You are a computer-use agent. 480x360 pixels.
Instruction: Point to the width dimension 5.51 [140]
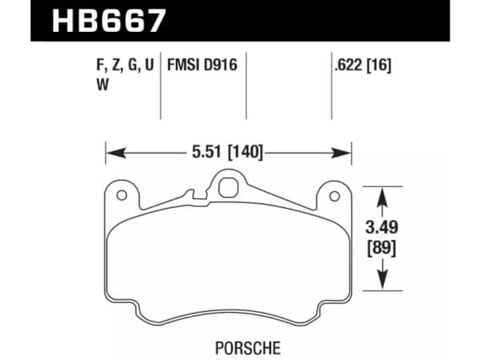[228, 150]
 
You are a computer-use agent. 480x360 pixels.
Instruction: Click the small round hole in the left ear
[121, 195]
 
